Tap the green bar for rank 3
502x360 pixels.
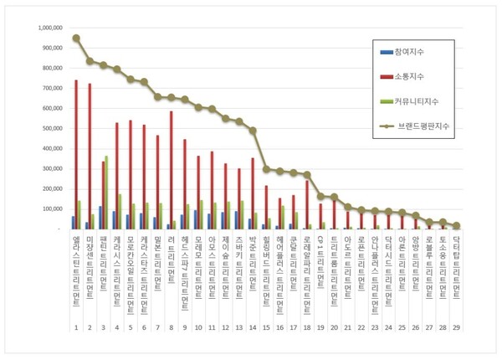click(107, 193)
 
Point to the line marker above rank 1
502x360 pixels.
click(76, 38)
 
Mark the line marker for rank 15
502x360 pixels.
click(266, 168)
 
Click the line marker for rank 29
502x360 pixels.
click(457, 225)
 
